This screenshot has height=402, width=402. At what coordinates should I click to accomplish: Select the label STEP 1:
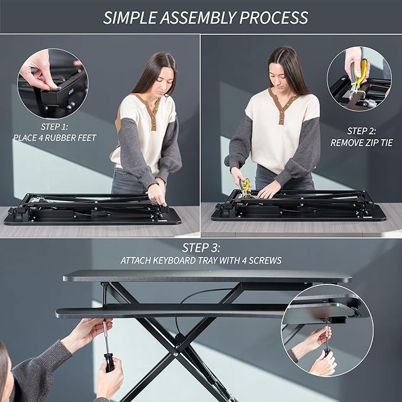pyautogui.click(x=54, y=127)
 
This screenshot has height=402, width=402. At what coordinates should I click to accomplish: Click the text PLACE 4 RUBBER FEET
pyautogui.click(x=54, y=138)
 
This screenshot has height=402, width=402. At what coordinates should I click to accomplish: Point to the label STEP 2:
pyautogui.click(x=361, y=131)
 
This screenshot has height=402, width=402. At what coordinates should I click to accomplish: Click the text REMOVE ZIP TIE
pyautogui.click(x=361, y=143)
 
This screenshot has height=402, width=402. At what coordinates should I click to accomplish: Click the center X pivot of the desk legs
pyautogui.click(x=178, y=339)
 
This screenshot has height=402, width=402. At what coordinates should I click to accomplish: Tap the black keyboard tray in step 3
pyautogui.click(x=178, y=311)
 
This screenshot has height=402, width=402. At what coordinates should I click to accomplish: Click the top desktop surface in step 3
pyautogui.click(x=207, y=276)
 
